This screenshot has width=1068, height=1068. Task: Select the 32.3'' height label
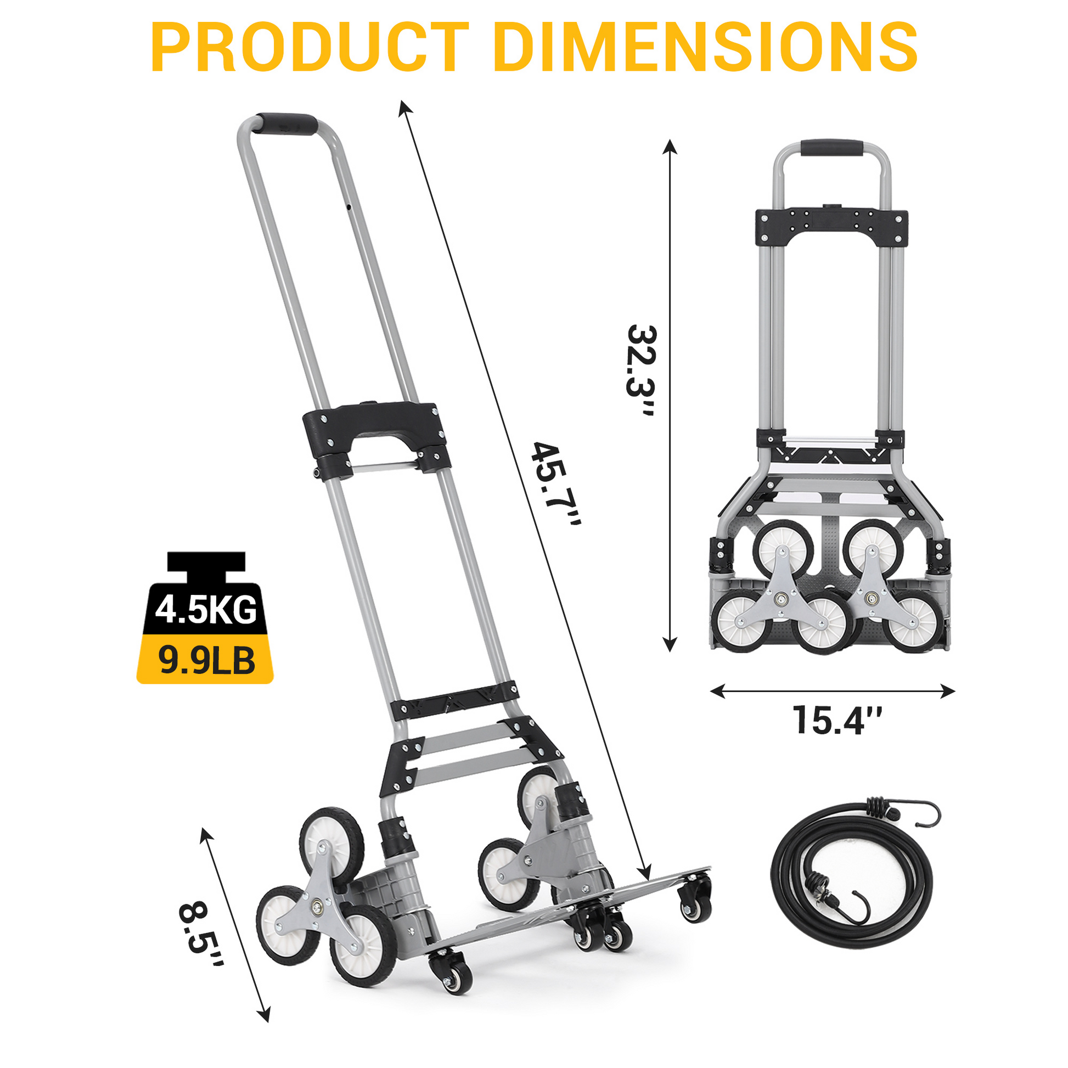click(641, 372)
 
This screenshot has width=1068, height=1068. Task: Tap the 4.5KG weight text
click(206, 610)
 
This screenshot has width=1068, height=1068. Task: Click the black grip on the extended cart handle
click(287, 124)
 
